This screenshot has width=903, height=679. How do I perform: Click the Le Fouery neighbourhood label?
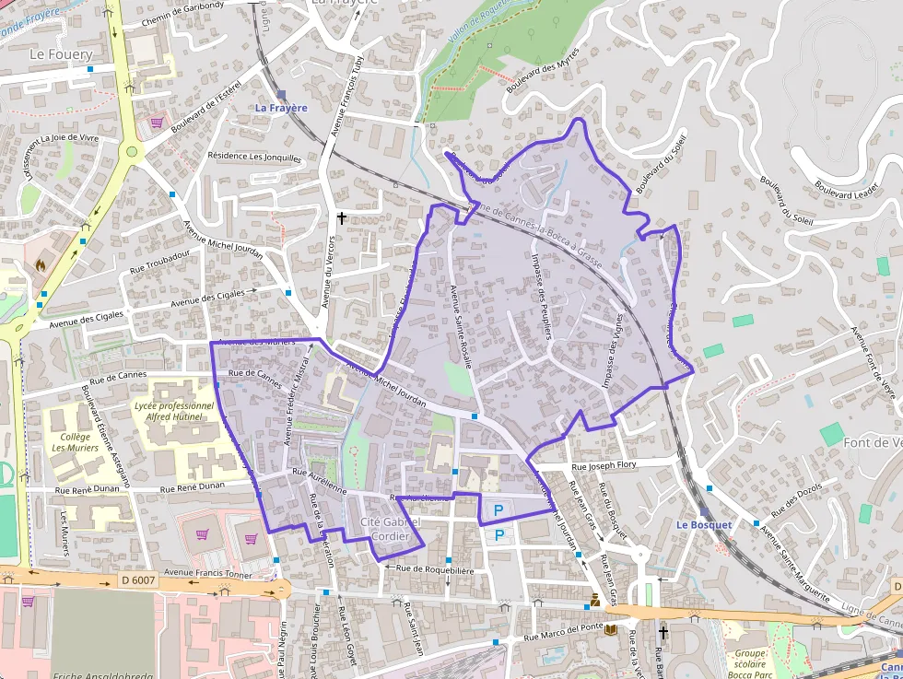click(x=62, y=54)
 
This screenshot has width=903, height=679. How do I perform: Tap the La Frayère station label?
click(x=281, y=108)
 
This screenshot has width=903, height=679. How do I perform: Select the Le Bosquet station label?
click(x=703, y=524)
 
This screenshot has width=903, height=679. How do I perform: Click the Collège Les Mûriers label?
click(x=71, y=442)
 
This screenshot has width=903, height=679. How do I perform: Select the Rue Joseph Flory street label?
click(x=604, y=466)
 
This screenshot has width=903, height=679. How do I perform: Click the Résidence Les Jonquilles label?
click(x=253, y=157)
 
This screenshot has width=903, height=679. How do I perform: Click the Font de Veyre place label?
click(x=872, y=442)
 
